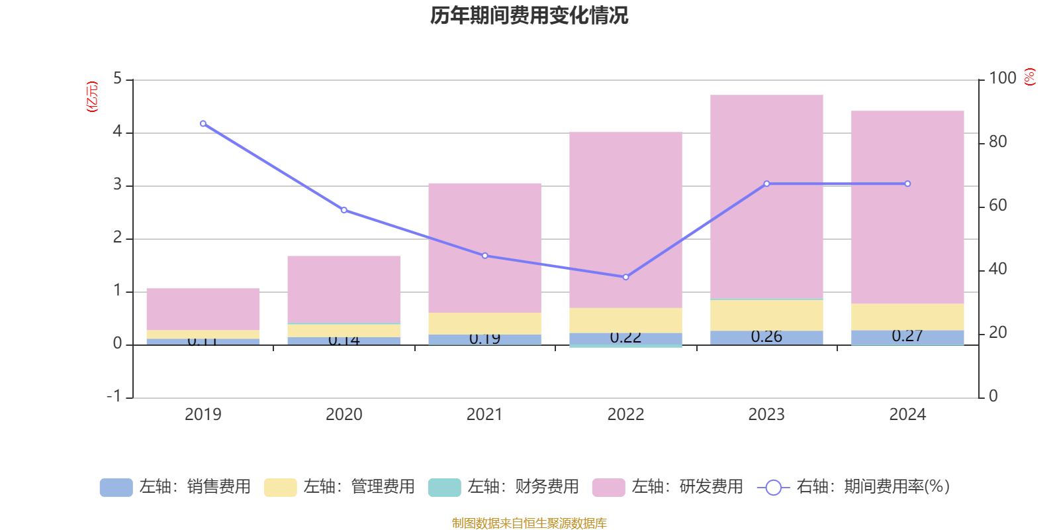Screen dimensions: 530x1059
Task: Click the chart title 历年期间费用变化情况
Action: [x=529, y=15]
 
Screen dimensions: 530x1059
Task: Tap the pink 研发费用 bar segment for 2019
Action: [x=203, y=309]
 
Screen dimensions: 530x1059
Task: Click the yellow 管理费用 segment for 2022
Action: [x=625, y=320]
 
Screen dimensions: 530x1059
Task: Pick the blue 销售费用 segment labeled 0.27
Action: [x=907, y=337]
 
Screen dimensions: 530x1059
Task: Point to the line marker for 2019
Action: [x=203, y=124]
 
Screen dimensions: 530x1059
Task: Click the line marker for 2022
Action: [x=625, y=277]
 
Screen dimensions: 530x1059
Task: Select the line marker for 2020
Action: [x=344, y=210]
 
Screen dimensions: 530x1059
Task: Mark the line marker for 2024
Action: [x=907, y=184]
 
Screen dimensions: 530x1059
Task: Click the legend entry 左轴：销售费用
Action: [x=175, y=487]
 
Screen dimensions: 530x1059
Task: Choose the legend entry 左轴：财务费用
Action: [x=504, y=487]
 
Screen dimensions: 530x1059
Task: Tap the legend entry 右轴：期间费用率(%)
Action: [x=853, y=487]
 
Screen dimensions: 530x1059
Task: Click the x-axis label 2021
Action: [x=484, y=415]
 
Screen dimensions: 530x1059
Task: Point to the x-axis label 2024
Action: [x=907, y=415]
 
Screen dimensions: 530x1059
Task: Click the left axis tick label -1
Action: [x=115, y=396]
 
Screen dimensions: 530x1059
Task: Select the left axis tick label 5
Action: [x=118, y=79]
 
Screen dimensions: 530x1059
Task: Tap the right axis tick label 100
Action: [x=1002, y=78]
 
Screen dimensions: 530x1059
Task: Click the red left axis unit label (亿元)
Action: [x=92, y=97]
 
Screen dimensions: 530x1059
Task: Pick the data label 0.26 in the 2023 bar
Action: [x=766, y=337]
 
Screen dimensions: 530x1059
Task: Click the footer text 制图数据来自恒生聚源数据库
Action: [x=529, y=523]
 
